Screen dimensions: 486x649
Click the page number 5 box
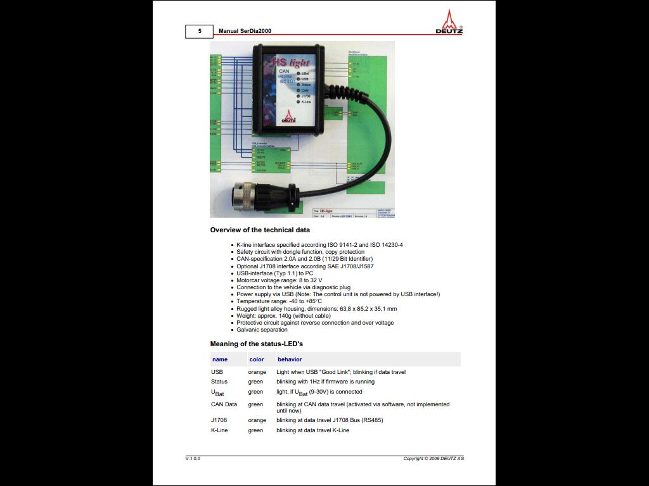(x=199, y=31)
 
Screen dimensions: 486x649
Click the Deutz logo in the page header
(x=449, y=22)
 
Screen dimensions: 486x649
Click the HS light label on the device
(x=291, y=63)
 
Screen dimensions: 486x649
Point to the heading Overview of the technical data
(x=260, y=230)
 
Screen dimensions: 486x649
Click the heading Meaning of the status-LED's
(x=256, y=344)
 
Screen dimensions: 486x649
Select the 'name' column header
(x=220, y=359)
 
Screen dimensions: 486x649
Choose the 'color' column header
(x=257, y=359)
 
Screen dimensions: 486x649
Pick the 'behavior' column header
(x=290, y=359)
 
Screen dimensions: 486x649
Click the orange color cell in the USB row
(x=257, y=372)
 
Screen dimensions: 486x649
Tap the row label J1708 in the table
(x=219, y=420)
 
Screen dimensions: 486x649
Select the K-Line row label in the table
(x=219, y=430)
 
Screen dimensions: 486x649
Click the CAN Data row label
(x=224, y=404)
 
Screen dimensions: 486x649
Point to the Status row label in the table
(x=219, y=382)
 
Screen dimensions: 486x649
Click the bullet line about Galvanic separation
(x=262, y=330)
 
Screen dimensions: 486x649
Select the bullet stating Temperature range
(x=279, y=301)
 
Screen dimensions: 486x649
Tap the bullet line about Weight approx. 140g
(x=283, y=316)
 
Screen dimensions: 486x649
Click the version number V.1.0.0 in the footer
(x=193, y=458)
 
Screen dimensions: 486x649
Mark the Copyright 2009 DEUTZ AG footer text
(x=434, y=458)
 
